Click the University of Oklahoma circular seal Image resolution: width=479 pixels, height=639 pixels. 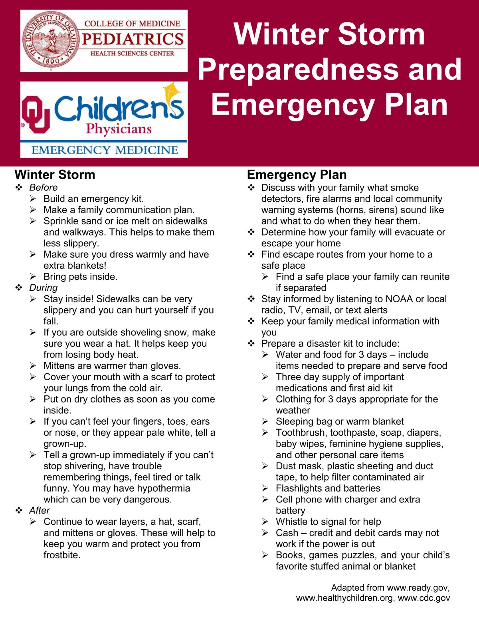(x=51, y=40)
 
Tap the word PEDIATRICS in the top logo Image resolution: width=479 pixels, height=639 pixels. (x=133, y=39)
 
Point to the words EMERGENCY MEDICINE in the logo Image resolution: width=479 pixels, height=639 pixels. (x=105, y=150)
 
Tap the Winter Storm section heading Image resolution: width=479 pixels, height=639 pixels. (x=55, y=175)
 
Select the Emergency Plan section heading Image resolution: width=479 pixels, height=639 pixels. (x=297, y=175)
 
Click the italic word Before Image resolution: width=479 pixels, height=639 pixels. (x=43, y=188)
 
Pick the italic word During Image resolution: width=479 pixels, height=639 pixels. (x=43, y=288)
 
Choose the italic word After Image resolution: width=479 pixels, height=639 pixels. (x=40, y=511)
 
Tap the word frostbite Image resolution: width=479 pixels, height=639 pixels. (x=61, y=555)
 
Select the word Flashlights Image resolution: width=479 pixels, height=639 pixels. (x=300, y=488)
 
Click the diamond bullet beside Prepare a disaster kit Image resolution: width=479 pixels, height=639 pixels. (x=251, y=343)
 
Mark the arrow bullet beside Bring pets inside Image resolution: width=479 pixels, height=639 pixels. (x=33, y=277)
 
